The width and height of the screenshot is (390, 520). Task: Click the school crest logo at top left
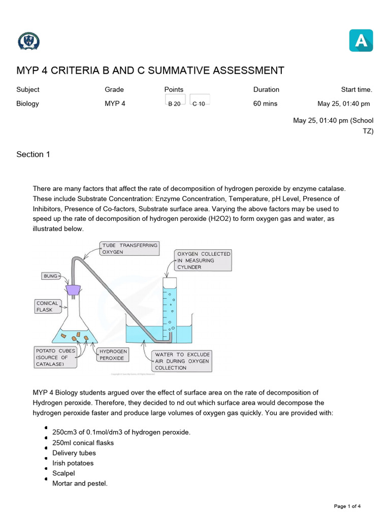click(28, 41)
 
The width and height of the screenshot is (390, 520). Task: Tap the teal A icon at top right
click(361, 41)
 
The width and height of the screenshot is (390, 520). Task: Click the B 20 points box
click(174, 102)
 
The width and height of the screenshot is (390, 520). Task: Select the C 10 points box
click(199, 102)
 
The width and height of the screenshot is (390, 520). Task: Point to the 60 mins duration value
click(266, 104)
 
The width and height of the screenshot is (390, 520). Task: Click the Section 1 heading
click(33, 154)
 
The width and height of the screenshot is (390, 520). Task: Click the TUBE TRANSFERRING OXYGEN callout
click(129, 248)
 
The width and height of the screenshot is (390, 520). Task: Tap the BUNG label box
click(50, 276)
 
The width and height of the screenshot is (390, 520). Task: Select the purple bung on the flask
click(74, 289)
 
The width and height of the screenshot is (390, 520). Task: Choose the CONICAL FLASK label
click(47, 306)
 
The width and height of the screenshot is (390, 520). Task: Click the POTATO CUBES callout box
click(55, 357)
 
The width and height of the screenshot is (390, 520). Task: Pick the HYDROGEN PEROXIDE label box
click(112, 354)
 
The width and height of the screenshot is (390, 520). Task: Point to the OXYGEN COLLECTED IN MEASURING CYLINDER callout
click(203, 260)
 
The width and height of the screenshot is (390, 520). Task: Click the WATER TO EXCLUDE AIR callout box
click(182, 361)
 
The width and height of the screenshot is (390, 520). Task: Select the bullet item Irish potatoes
click(73, 463)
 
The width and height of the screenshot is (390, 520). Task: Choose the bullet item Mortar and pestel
click(80, 483)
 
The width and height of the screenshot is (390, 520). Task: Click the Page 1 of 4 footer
click(347, 506)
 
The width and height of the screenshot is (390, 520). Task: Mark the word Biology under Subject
click(27, 104)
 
